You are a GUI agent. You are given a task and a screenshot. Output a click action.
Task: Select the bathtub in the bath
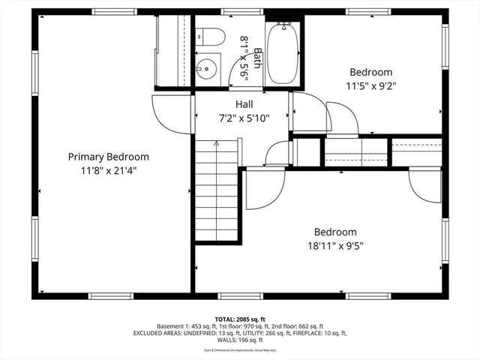point(283,53)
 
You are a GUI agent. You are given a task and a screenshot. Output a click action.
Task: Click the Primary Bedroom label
point(108,157)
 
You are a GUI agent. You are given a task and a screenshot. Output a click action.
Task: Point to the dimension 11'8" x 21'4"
point(108,170)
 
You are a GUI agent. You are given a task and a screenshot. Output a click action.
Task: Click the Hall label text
point(244,104)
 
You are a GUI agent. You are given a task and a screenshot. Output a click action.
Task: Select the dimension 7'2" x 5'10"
point(244,118)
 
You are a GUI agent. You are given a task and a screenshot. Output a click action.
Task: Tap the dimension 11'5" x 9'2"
point(370,85)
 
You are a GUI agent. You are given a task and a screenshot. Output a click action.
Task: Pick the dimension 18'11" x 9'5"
point(334,245)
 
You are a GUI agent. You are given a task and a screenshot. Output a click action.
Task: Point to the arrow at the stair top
point(217,142)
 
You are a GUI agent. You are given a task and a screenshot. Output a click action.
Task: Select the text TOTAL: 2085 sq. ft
point(240,319)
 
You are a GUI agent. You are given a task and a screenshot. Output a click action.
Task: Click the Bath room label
point(257,58)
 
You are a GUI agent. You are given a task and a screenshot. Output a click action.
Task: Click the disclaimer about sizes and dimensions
point(240,349)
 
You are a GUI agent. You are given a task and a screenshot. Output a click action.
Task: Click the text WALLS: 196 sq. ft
point(240,340)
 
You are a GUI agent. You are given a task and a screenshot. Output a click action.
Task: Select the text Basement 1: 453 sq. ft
point(186,326)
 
